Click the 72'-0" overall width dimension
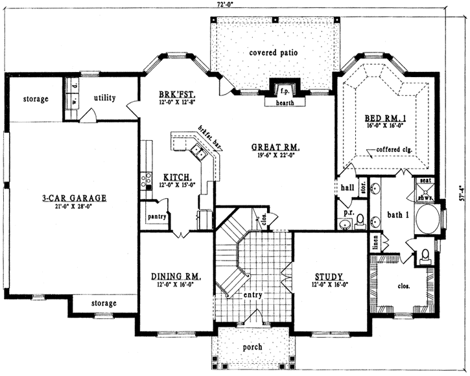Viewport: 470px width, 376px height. click(226, 4)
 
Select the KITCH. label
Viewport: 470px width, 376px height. click(176, 176)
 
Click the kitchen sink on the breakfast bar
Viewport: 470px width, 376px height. click(198, 154)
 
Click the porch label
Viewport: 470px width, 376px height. click(252, 347)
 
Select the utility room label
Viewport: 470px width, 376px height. click(104, 98)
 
